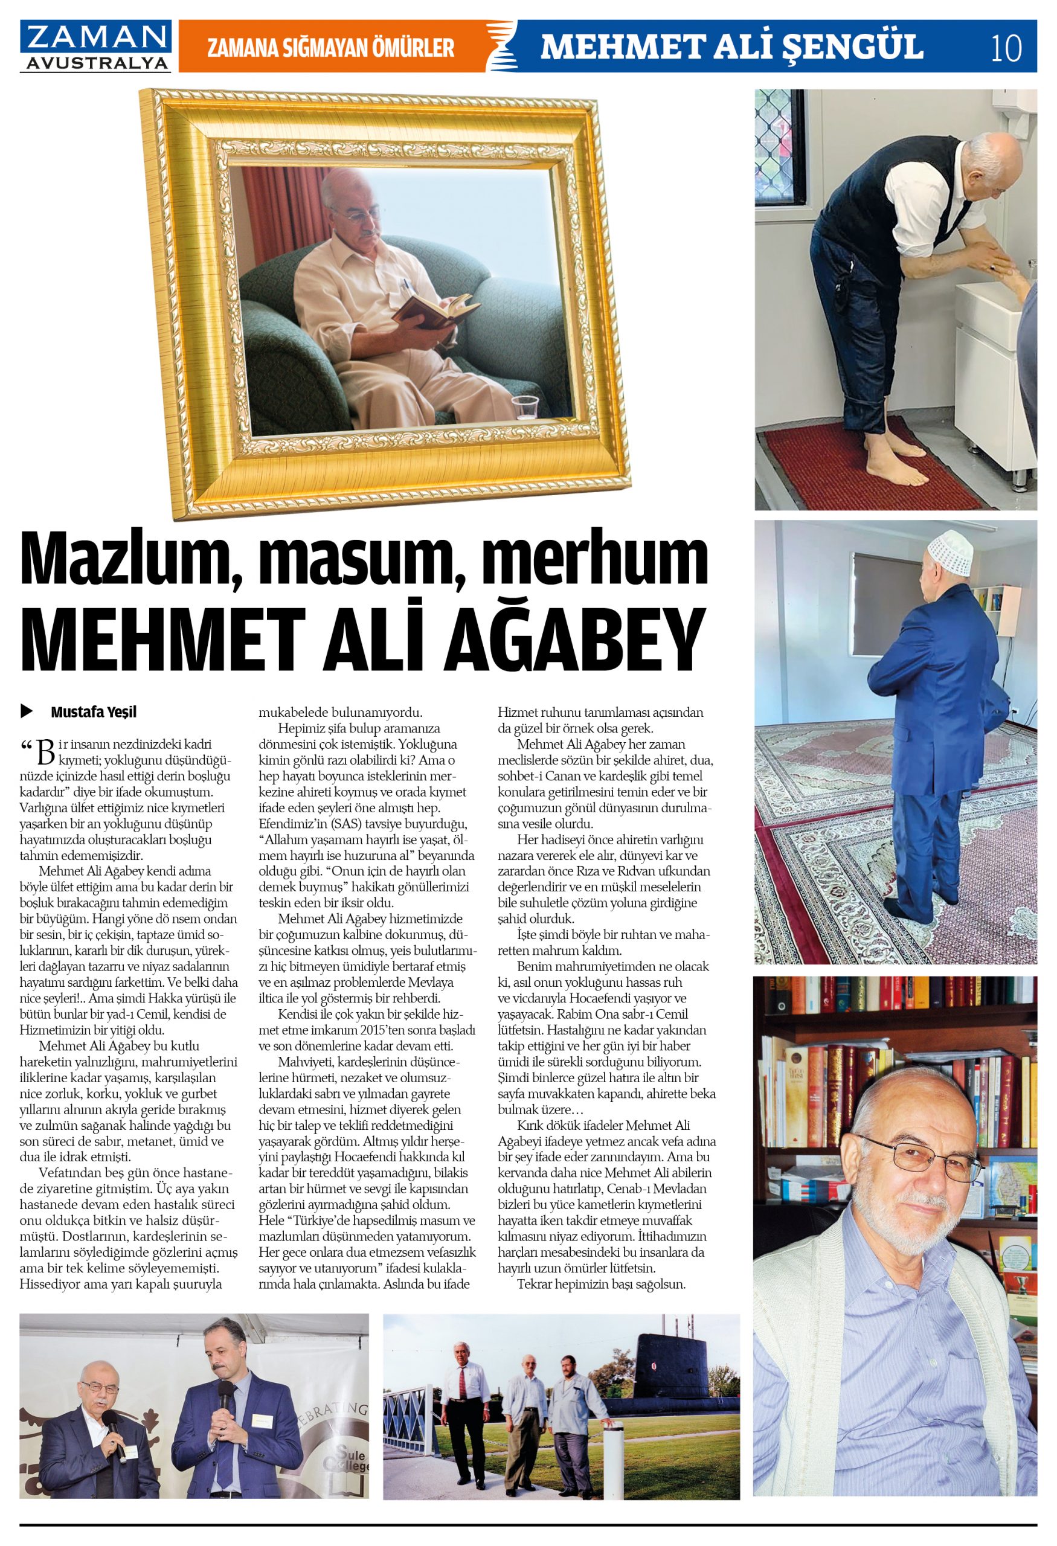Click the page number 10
(1006, 47)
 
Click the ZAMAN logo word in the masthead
(95, 37)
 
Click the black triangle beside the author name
(27, 712)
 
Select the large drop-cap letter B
(45, 751)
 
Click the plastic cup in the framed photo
(525, 408)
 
